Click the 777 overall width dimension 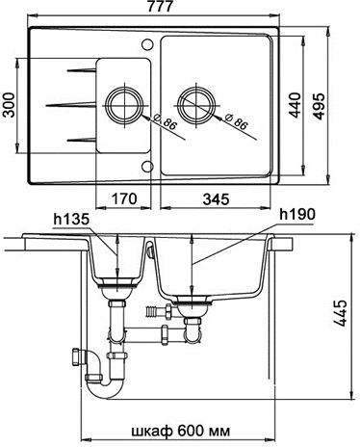[x=160, y=6]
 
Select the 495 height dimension [x=320, y=106]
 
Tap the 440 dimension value [x=295, y=105]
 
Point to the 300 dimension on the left [x=9, y=105]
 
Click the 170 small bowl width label [x=124, y=198]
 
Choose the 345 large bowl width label [x=217, y=199]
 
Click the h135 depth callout [x=71, y=220]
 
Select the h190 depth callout [x=297, y=215]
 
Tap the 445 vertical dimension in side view [x=341, y=313]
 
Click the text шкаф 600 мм [x=181, y=431]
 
